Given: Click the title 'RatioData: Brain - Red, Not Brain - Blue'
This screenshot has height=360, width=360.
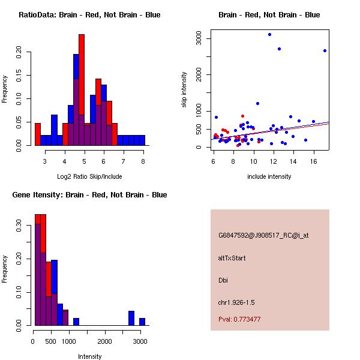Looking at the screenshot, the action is click(89, 15).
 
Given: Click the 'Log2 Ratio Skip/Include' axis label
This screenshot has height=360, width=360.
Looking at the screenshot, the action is click(89, 176).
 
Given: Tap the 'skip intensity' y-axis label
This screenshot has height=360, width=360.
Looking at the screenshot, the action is click(184, 89).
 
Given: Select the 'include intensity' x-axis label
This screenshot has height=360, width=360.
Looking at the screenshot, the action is click(269, 176).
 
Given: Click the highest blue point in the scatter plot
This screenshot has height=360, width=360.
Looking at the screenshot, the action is click(269, 34).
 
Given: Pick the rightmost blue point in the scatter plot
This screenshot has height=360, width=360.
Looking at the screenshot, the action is click(325, 51).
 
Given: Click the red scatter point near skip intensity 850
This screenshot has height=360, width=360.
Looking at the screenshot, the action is click(242, 116).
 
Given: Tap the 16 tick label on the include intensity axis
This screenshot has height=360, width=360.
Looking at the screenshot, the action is click(313, 161).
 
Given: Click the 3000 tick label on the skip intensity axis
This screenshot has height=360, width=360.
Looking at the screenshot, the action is click(199, 38).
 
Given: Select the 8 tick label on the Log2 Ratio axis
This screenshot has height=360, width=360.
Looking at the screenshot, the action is click(143, 161).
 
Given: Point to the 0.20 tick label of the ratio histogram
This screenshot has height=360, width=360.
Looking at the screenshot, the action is click(19, 52).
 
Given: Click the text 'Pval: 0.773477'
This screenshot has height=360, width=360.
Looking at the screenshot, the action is click(239, 319).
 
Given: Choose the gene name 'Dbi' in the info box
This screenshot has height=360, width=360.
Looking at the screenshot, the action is click(223, 280).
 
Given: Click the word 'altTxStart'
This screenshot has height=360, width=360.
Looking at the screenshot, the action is click(232, 258).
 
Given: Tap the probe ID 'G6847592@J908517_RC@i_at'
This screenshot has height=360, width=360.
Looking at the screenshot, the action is click(263, 236).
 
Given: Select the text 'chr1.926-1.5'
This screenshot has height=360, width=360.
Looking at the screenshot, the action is click(236, 302).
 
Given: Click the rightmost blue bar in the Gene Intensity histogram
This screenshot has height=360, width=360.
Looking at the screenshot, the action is click(142, 322).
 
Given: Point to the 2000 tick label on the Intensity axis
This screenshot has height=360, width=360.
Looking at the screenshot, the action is click(104, 341).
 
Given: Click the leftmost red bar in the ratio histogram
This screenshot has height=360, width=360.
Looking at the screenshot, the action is click(38, 134).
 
